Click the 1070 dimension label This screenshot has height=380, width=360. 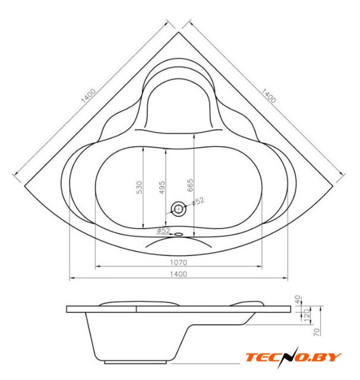(x=178, y=262)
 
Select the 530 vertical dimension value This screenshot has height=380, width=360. (x=139, y=187)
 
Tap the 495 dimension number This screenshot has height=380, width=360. (x=162, y=187)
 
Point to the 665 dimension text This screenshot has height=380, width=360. (x=190, y=185)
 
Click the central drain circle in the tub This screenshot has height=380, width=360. (x=179, y=209)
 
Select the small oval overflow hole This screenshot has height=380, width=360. (x=179, y=234)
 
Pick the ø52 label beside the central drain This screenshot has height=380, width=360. (x=198, y=201)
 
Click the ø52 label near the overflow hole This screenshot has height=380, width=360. (x=163, y=230)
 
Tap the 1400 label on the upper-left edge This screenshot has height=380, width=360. (x=89, y=96)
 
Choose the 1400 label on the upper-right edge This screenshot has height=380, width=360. (x=269, y=96)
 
